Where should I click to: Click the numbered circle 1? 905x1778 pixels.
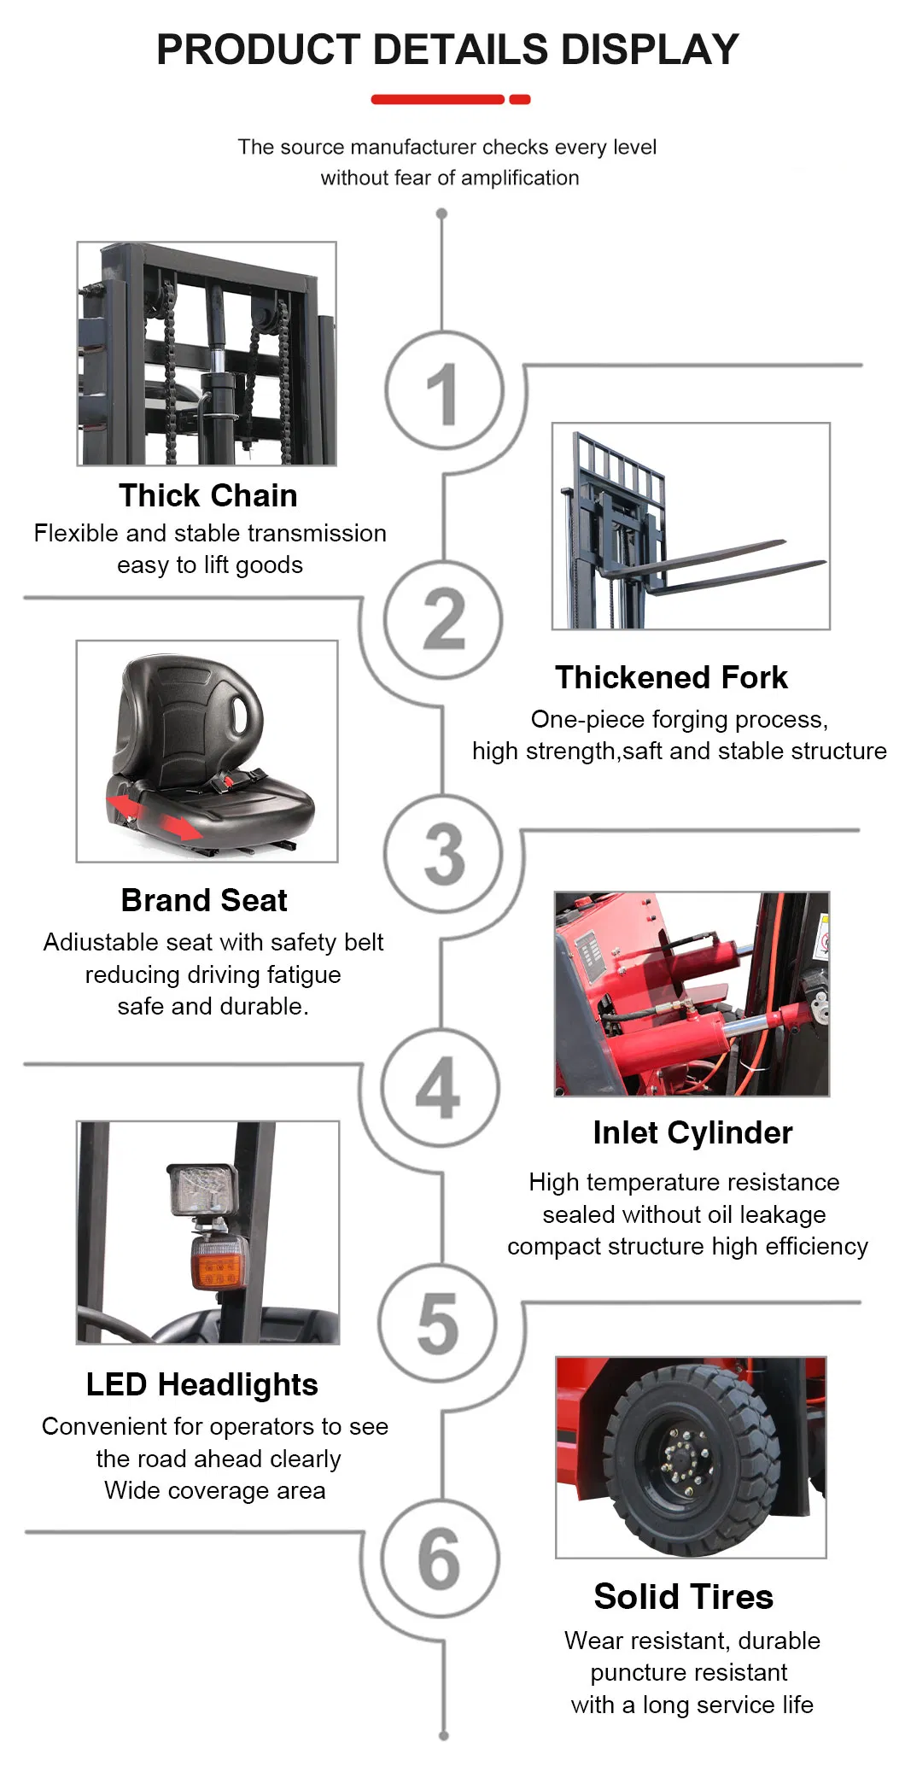pos(443,391)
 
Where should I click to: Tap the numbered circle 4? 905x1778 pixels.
pos(439,1087)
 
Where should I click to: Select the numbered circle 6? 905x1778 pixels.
pos(439,1559)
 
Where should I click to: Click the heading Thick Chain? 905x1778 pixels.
pos(208,495)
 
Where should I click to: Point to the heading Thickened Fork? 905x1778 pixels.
pos(671,677)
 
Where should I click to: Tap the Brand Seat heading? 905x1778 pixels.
pos(204,900)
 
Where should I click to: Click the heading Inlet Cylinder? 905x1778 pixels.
pos(692,1132)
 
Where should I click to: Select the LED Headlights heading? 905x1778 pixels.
pos(202,1384)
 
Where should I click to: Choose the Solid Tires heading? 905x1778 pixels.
pos(683,1596)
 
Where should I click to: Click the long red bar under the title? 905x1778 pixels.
pos(437,100)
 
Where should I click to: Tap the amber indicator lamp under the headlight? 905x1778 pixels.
pos(219,1262)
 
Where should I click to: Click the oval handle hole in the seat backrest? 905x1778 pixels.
pos(245,708)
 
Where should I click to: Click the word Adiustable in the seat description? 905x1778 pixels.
pos(102,942)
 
